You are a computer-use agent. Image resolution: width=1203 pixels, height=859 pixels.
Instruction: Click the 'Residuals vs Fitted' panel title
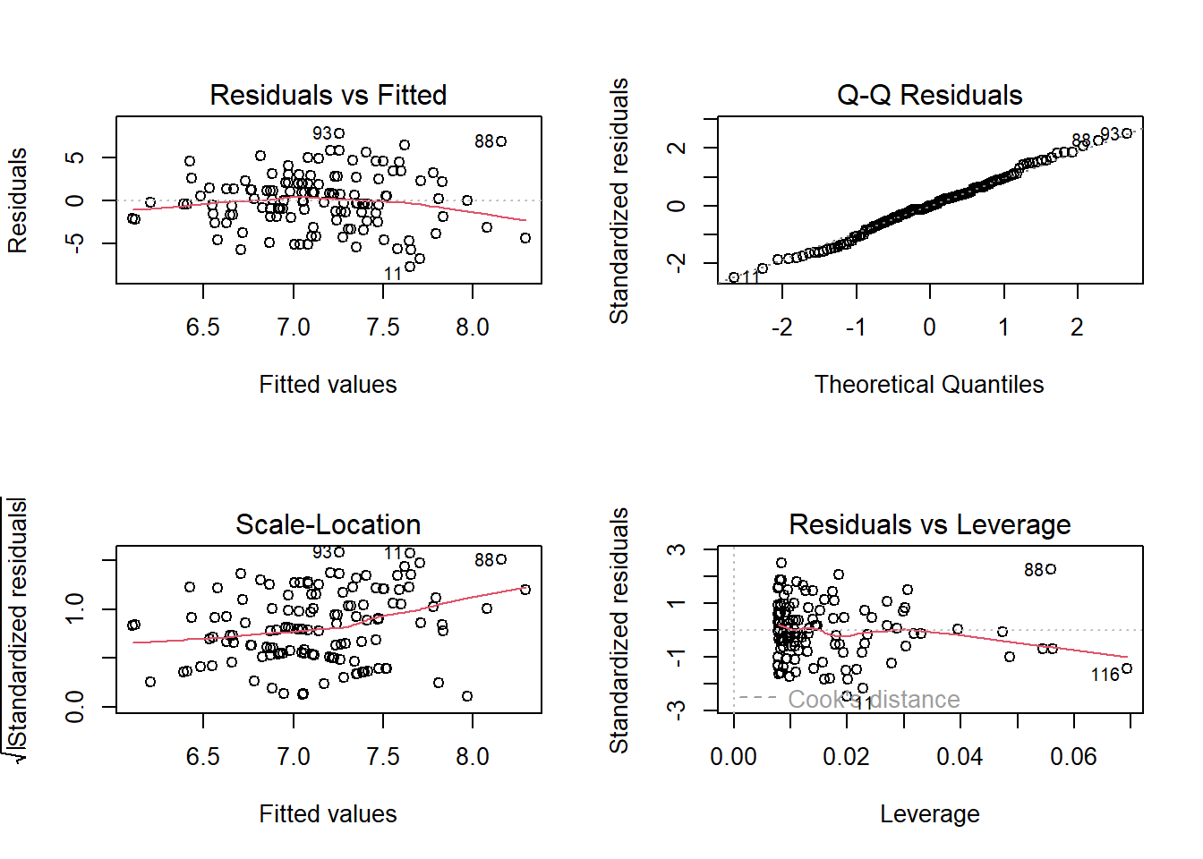[x=328, y=95]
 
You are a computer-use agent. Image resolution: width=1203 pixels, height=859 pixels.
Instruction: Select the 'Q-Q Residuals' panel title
[x=929, y=95]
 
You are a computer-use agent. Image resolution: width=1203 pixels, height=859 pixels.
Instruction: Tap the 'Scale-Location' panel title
[x=328, y=524]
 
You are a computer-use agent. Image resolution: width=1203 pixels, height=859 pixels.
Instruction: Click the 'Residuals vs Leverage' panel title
[x=929, y=524]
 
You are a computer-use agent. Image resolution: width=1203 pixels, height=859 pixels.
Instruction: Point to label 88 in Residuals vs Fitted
[x=484, y=141]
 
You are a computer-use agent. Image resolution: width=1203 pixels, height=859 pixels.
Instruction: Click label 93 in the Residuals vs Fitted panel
[x=322, y=133]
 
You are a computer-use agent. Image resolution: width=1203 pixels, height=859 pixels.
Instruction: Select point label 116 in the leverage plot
[x=1105, y=675]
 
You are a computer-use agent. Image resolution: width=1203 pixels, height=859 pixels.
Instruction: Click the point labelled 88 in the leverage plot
[x=1051, y=569]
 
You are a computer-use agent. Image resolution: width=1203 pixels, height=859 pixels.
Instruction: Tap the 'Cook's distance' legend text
[x=873, y=699]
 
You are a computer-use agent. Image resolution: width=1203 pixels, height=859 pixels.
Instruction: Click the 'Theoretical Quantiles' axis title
[x=929, y=385]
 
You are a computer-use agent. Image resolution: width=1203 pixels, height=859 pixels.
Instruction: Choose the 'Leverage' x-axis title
[x=929, y=814]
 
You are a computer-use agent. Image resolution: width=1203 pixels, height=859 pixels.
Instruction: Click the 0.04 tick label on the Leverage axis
[x=960, y=757]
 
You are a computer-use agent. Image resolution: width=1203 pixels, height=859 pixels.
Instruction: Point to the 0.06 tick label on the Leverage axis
[x=1073, y=757]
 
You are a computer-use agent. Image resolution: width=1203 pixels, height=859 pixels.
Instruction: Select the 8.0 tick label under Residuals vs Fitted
[x=473, y=327]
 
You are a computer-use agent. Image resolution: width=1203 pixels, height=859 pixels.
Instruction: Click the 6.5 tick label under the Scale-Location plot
[x=203, y=757]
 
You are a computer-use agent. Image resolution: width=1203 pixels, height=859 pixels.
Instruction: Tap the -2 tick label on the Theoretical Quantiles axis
[x=781, y=327]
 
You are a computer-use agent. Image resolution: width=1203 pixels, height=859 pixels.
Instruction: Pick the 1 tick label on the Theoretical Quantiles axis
[x=1003, y=327]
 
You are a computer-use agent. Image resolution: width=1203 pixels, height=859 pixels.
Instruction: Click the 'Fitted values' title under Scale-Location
[x=328, y=814]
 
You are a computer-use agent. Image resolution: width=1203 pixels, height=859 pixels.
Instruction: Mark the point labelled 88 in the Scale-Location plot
[x=502, y=559]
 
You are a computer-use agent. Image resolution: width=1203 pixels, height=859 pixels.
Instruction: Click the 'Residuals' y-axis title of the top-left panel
[x=18, y=200]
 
